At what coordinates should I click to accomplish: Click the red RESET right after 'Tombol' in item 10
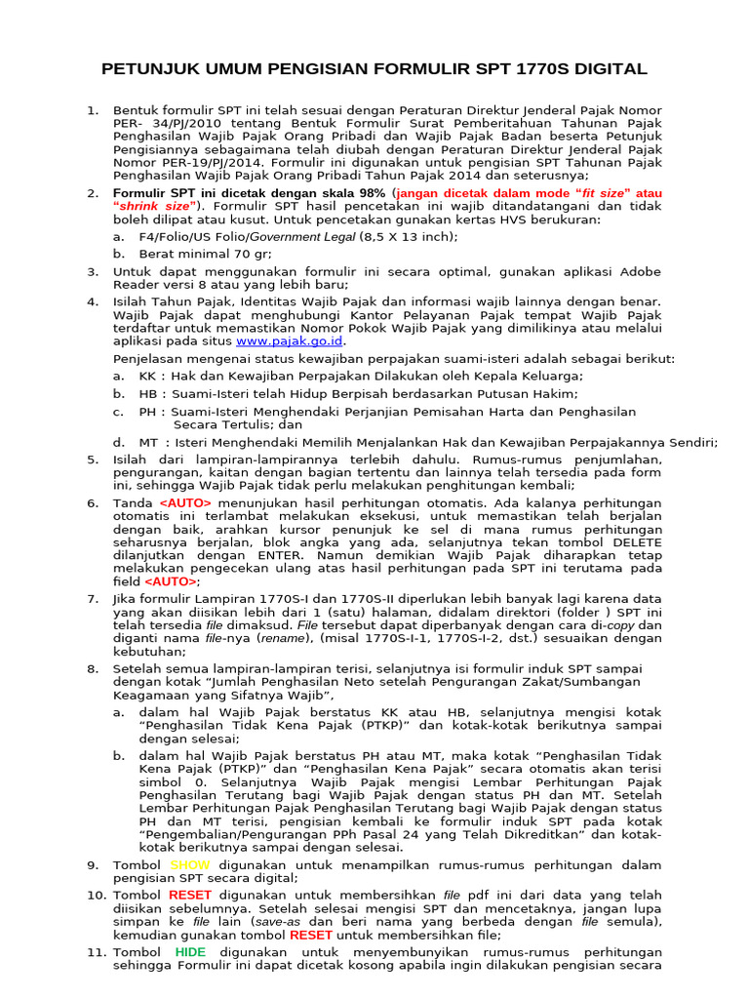click(189, 895)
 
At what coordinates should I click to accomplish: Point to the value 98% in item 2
click(374, 193)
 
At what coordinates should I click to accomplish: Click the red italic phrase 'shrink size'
click(155, 207)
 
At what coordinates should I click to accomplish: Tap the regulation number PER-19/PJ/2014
click(199, 162)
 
